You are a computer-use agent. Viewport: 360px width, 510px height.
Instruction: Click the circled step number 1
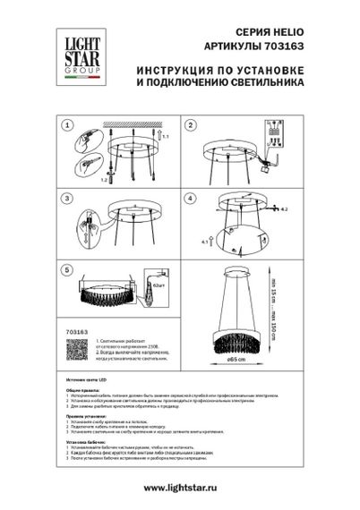[67, 126]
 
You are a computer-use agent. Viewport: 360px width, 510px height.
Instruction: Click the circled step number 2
[190, 126]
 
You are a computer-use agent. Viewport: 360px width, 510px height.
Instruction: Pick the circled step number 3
[67, 197]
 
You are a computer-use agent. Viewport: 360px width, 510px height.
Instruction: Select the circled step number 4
[190, 197]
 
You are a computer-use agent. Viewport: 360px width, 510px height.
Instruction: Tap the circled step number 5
[67, 268]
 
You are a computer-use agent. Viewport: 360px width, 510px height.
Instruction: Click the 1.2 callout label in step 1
[104, 180]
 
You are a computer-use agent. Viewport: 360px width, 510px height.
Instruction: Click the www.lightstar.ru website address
[179, 487]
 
